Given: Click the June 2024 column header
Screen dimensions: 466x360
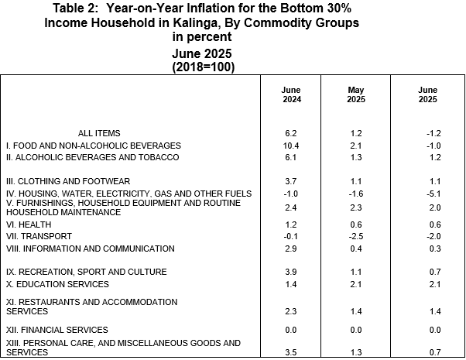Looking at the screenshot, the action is click(x=291, y=94).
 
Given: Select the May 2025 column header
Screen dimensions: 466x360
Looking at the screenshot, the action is click(x=356, y=94).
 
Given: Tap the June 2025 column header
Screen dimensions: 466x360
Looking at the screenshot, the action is click(x=427, y=94).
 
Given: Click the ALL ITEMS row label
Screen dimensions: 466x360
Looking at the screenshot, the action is click(x=99, y=133).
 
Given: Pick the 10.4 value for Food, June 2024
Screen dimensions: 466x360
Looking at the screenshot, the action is click(x=291, y=146).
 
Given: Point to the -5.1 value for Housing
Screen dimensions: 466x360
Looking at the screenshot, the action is click(x=433, y=194).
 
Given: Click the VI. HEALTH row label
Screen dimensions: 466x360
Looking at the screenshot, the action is click(x=29, y=225).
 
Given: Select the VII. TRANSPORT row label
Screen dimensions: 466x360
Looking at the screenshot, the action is click(x=39, y=236).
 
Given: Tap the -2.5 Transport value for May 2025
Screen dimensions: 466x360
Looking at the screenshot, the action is click(x=356, y=236).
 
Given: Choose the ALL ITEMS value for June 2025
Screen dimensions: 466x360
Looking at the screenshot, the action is click(x=433, y=133).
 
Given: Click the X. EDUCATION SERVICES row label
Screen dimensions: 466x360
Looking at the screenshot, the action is click(x=57, y=284).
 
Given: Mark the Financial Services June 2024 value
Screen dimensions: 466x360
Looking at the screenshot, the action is click(x=291, y=330).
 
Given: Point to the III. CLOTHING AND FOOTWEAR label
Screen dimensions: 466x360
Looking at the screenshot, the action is click(x=68, y=181).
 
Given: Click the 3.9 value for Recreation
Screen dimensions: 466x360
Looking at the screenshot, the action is click(x=291, y=272).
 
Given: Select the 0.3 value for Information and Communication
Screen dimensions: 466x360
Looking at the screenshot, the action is click(x=435, y=249).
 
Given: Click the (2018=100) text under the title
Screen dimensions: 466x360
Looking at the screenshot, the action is click(x=204, y=67).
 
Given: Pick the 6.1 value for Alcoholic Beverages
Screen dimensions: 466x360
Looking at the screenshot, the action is click(x=291, y=157).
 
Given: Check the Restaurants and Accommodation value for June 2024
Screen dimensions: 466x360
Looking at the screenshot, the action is click(x=291, y=311).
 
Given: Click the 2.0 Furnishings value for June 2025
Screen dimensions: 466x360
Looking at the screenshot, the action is click(x=435, y=207).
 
